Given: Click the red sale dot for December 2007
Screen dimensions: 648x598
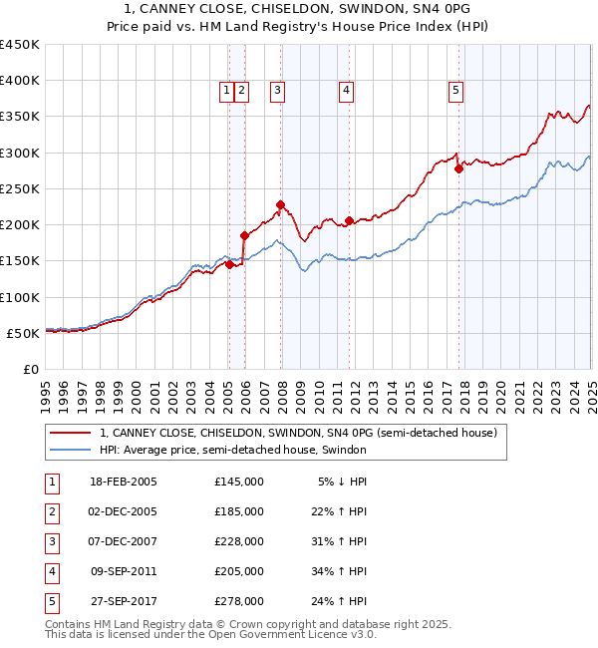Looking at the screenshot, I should (x=280, y=205).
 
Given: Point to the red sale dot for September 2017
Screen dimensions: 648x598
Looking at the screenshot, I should (x=458, y=168).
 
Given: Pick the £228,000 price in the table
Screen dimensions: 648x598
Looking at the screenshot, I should (x=239, y=541).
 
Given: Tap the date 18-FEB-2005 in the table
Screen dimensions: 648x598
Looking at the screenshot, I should (x=124, y=482).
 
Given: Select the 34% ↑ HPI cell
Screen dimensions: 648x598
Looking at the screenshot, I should (x=343, y=571).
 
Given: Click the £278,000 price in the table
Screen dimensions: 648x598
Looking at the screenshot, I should (x=239, y=601).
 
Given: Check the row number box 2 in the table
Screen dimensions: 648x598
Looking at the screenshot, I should (x=49, y=511).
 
